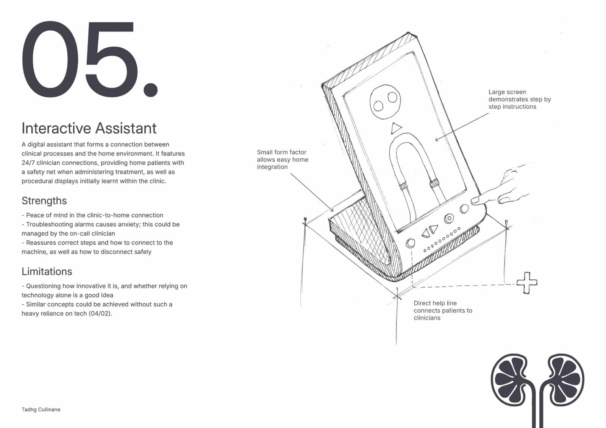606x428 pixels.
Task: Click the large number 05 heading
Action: pos(89,59)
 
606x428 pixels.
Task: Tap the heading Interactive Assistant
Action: pos(89,128)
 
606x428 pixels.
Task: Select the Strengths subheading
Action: pos(44,201)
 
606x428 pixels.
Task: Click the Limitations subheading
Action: pos(47,271)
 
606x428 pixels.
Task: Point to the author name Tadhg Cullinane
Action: pos(41,409)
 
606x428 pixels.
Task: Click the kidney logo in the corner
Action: pos(537,389)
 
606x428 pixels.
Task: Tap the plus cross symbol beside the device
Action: pos(527,283)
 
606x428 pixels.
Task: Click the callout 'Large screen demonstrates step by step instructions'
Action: pos(519,99)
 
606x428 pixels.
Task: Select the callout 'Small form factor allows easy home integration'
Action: pos(283,160)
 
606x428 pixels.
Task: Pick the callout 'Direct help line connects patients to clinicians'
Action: pos(443,310)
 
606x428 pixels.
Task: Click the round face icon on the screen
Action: pos(385,102)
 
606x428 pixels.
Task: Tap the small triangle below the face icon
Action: pos(396,128)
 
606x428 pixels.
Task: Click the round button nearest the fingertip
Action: pos(464,209)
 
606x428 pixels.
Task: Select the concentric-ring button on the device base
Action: pos(449,218)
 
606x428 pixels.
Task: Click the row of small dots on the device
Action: pos(442,240)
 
